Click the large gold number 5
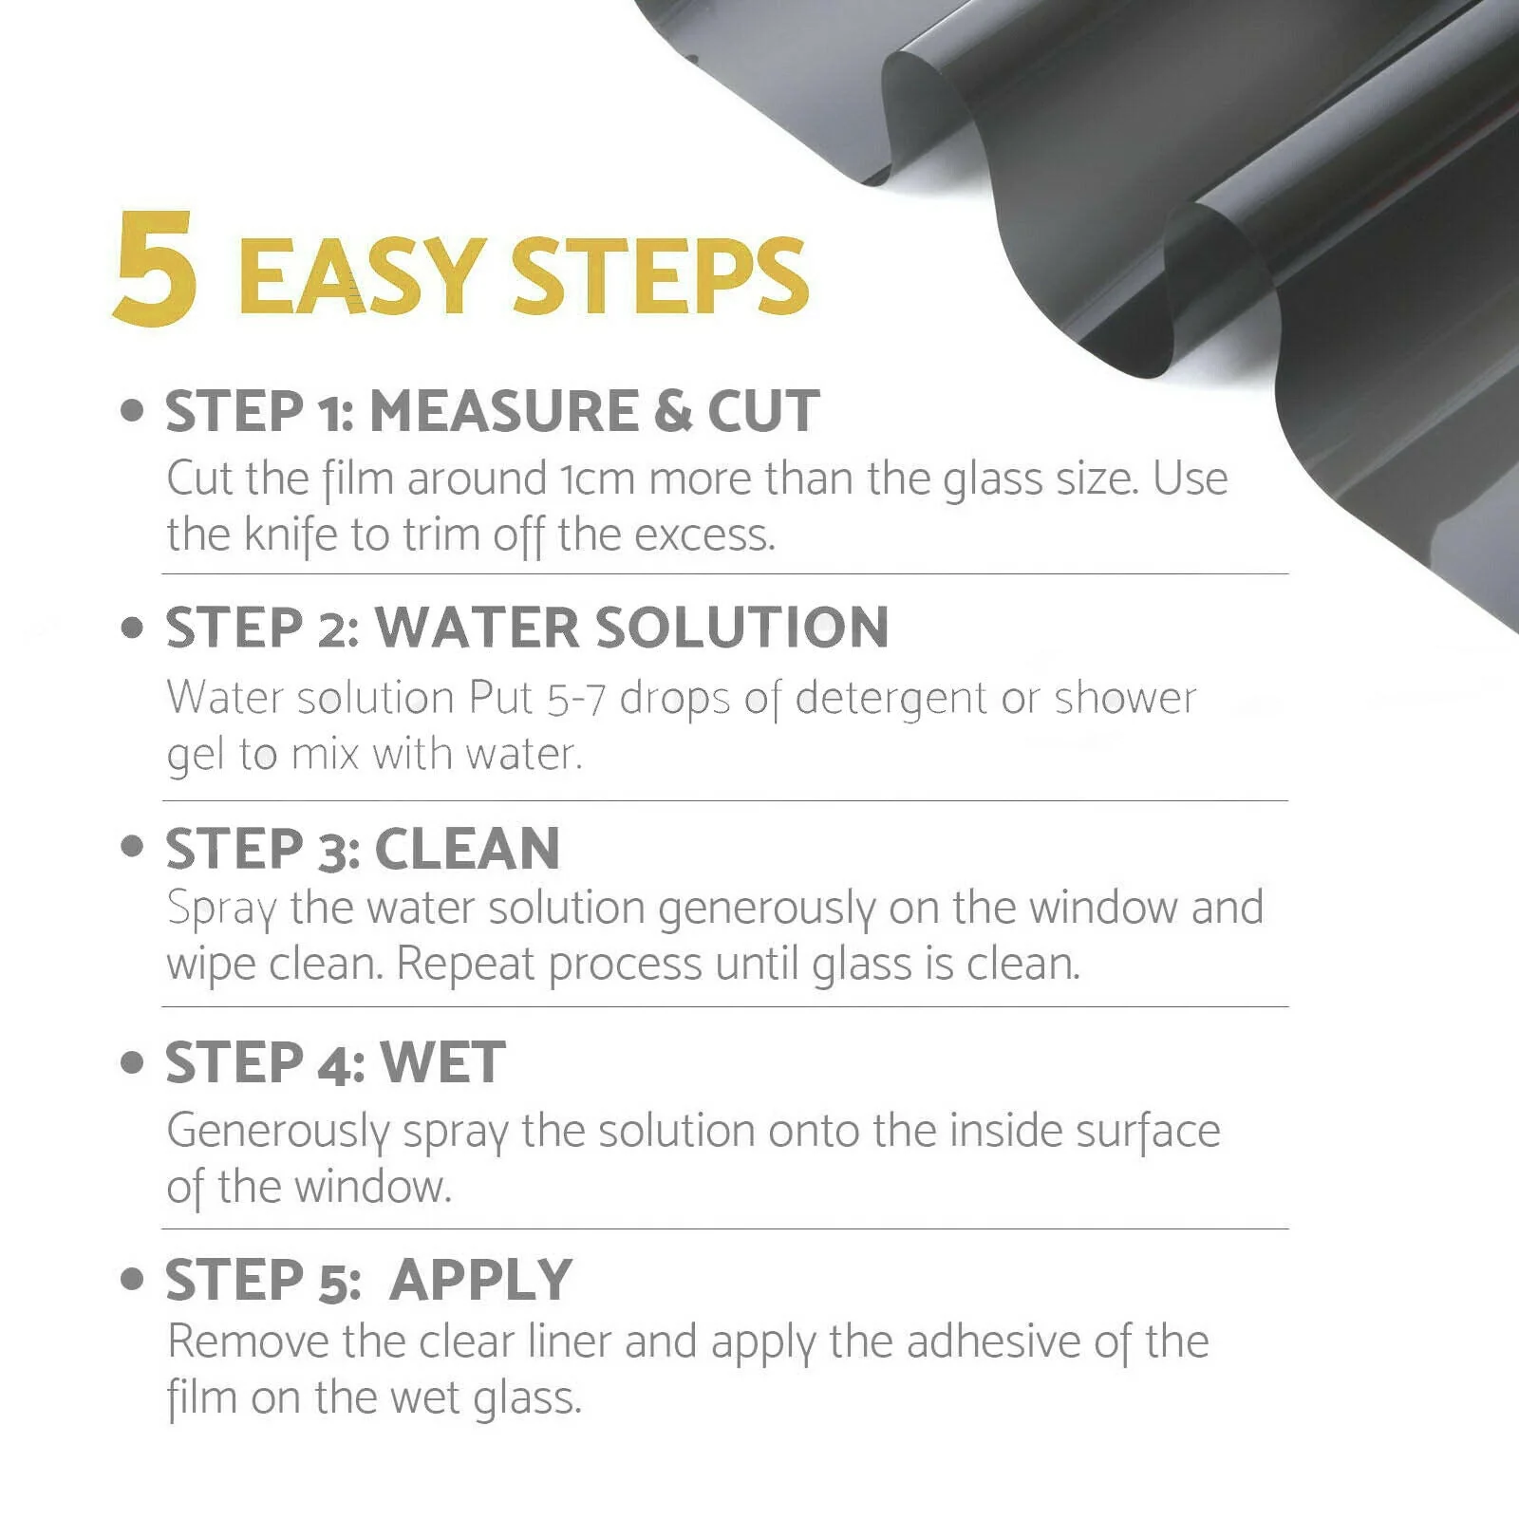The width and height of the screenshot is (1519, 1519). (156, 268)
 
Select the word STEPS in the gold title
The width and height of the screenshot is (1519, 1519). (660, 275)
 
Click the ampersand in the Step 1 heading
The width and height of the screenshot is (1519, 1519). (672, 411)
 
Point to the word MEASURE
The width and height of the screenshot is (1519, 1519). (503, 411)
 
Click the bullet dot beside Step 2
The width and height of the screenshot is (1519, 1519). (132, 628)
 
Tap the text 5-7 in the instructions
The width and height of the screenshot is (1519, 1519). (576, 699)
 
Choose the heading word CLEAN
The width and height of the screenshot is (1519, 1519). (467, 848)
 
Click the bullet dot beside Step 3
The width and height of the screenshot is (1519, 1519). (132, 846)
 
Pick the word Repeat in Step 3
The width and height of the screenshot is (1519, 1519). (465, 965)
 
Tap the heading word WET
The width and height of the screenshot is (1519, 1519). (442, 1061)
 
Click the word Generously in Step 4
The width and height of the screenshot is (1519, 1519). (278, 1132)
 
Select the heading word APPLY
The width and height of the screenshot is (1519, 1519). (481, 1280)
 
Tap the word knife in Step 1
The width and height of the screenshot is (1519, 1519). (291, 535)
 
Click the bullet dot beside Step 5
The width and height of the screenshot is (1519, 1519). (132, 1279)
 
